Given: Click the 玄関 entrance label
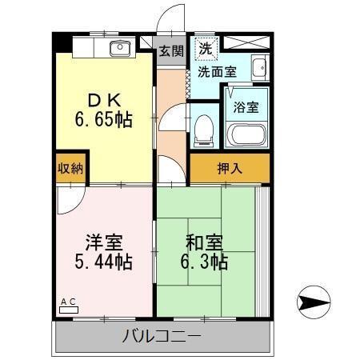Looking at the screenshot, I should tap(170, 51).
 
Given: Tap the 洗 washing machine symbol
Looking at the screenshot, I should tap(206, 47).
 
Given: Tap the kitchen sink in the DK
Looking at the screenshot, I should tap(121, 48).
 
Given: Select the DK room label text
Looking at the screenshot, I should tap(105, 101).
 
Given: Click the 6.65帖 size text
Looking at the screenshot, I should tap(104, 120).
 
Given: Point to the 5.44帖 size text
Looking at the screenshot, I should tap(104, 262).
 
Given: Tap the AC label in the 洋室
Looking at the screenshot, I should tap(69, 302).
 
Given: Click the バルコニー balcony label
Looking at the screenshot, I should tap(162, 336).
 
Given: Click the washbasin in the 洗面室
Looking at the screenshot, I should tap(258, 68).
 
